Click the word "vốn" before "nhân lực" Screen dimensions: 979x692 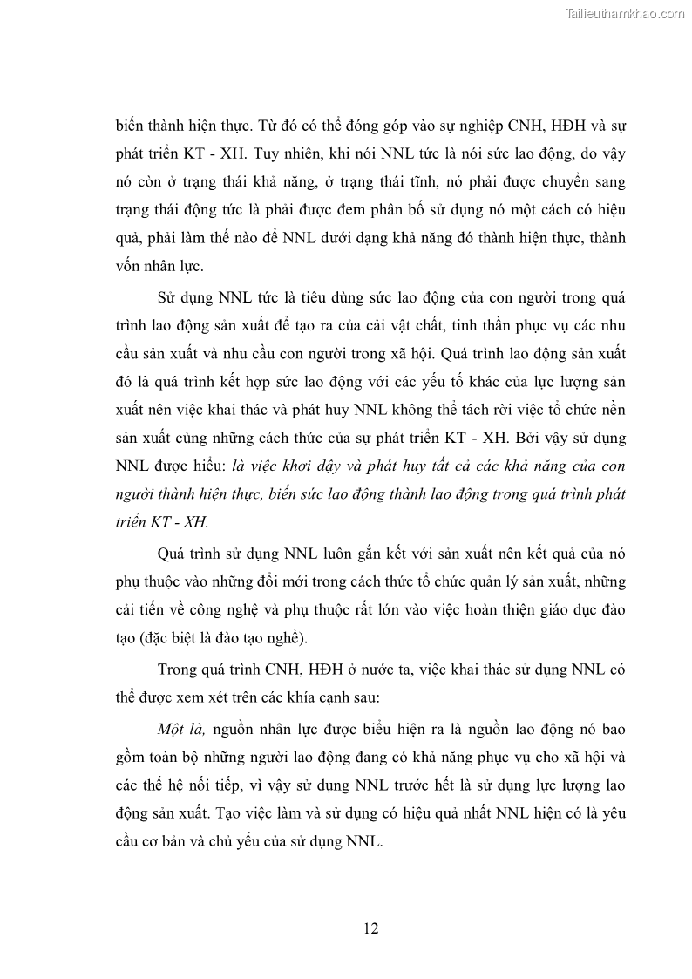(130, 266)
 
